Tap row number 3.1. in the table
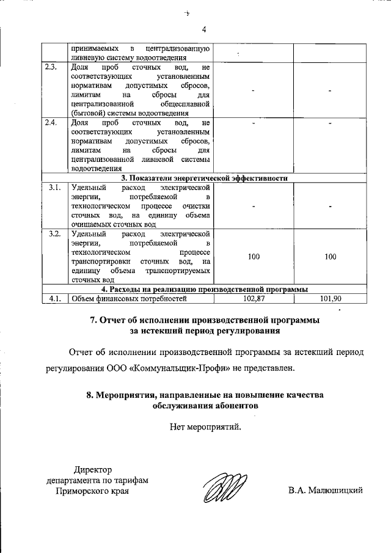coord(54,188)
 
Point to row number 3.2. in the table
coord(54,234)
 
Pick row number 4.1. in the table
coord(54,299)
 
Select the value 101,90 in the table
coord(331,299)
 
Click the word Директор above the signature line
coord(93,469)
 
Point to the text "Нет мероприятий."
coord(206,427)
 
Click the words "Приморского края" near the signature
coord(93,490)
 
